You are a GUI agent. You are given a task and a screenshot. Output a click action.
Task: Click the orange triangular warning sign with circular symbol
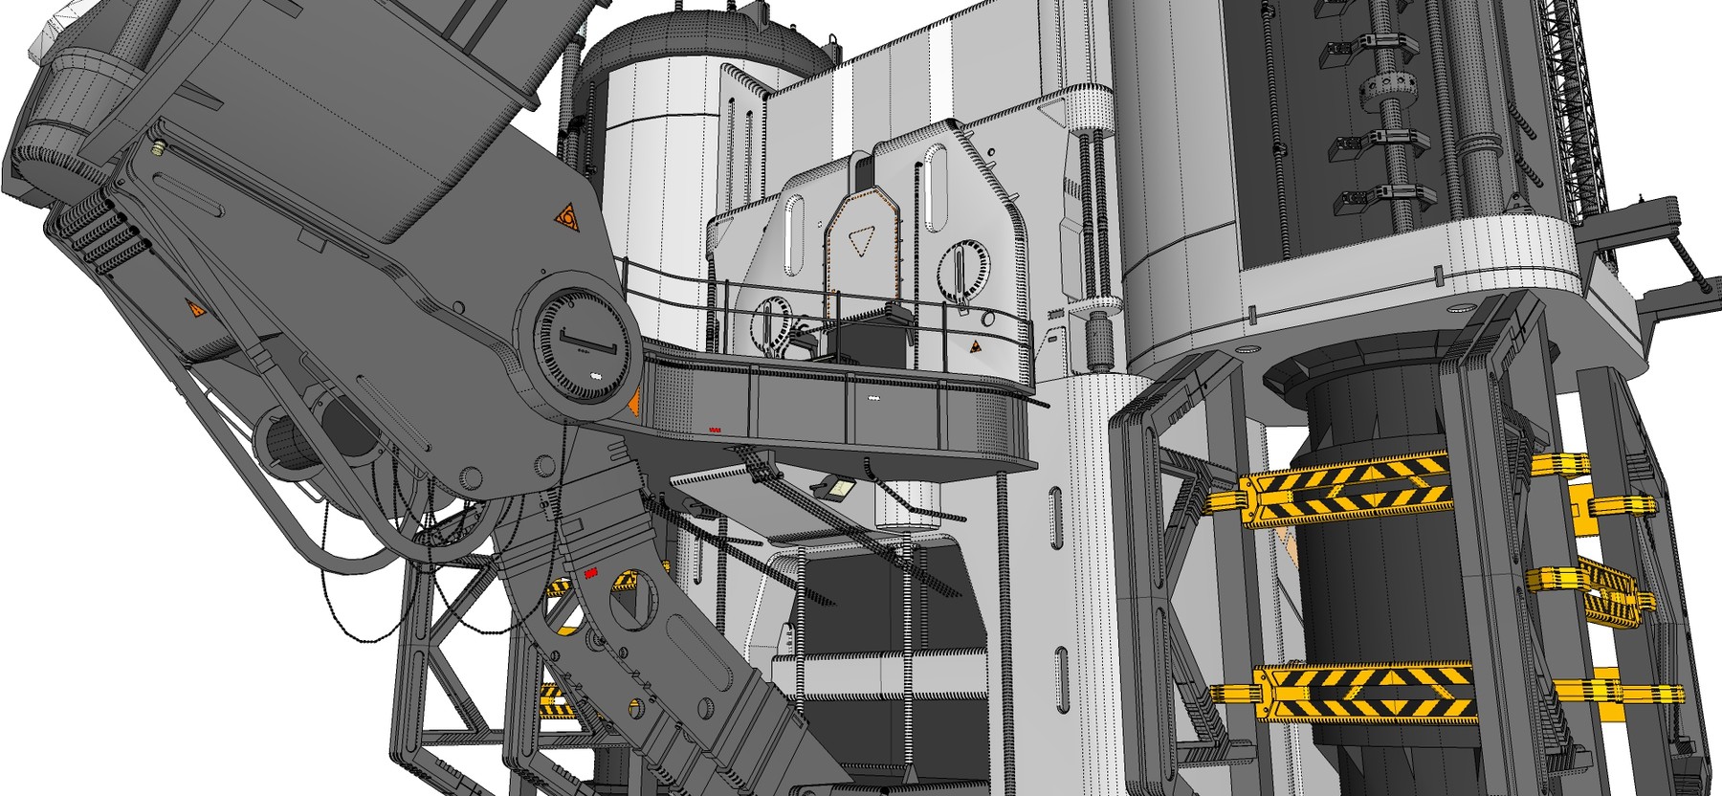pos(568,217)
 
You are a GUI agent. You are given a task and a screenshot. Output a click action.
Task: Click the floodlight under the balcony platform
pos(838,489)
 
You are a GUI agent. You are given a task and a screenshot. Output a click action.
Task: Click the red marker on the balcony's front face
pos(714,430)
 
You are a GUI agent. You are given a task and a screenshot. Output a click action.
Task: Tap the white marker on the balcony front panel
pos(873,396)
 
